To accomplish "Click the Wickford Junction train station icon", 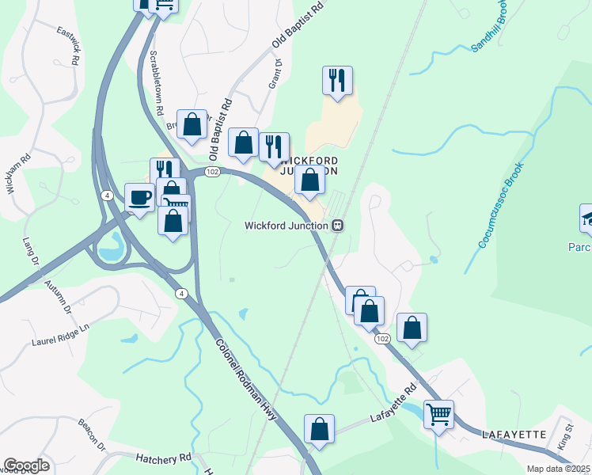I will coord(338,226).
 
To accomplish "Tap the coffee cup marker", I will coord(140,197).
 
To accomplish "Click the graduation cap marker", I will coord(586,218).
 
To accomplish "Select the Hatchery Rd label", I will coord(164,458).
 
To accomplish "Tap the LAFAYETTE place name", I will coord(515,435).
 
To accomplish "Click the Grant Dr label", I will coord(276,72).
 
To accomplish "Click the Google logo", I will coord(26,465).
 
